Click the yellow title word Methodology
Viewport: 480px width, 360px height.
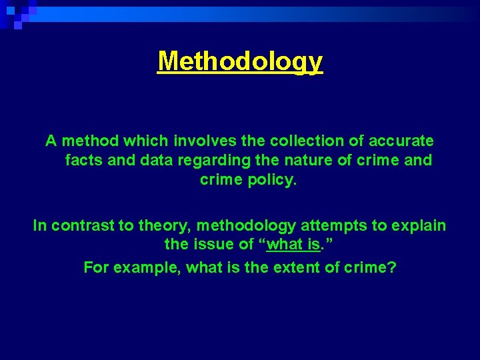point(240,61)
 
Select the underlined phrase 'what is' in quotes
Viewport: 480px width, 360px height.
point(293,245)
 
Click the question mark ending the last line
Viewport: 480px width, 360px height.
point(392,268)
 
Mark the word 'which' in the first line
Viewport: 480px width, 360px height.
point(147,141)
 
